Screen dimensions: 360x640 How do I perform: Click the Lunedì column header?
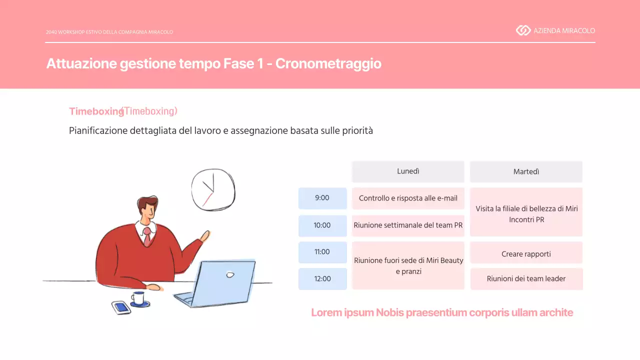(x=408, y=171)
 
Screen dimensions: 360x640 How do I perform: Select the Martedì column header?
(x=526, y=171)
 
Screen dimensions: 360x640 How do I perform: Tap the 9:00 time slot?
(x=322, y=198)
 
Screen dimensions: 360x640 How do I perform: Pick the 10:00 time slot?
(x=322, y=225)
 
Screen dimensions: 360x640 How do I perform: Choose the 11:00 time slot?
(x=322, y=252)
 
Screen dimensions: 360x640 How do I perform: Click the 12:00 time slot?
(x=322, y=278)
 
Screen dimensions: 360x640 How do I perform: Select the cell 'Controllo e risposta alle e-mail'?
(x=408, y=198)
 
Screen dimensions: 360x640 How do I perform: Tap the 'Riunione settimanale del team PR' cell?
(x=408, y=225)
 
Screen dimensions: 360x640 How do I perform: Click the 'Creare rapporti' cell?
(x=526, y=254)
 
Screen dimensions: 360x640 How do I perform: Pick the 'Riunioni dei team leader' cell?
(x=526, y=279)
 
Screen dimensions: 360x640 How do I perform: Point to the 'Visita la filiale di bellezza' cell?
(x=526, y=212)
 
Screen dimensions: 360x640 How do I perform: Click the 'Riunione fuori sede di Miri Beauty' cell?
(x=408, y=265)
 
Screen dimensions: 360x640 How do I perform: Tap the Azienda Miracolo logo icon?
(x=523, y=30)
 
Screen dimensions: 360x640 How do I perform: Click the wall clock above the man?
(x=213, y=189)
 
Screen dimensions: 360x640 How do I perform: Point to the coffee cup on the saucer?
(x=138, y=298)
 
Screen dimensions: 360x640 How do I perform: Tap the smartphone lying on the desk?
(x=121, y=307)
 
